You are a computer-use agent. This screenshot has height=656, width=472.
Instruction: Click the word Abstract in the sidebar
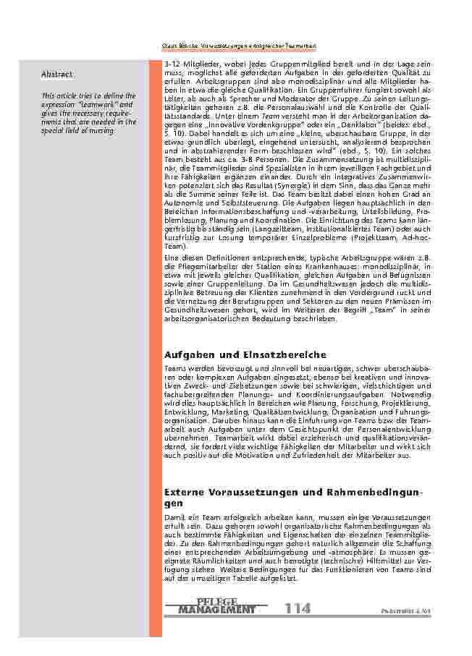56,74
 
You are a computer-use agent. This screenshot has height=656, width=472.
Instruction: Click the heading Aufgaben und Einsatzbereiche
235,355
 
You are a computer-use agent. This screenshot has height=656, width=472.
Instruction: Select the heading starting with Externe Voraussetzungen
292,492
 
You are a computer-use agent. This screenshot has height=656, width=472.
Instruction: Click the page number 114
297,608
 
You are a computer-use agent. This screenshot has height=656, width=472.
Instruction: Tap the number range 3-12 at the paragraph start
174,64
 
